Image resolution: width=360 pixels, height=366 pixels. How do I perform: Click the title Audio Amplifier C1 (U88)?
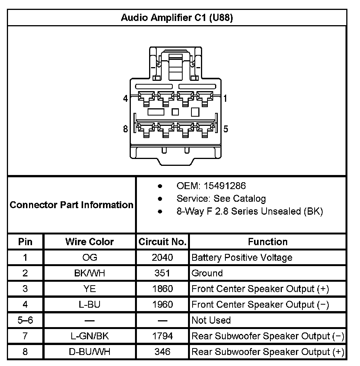(177, 18)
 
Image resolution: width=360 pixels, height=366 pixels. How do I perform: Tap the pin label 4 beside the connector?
(125, 99)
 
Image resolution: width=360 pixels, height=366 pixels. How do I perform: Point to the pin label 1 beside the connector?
(225, 99)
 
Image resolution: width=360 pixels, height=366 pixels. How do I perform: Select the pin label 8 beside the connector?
(125, 129)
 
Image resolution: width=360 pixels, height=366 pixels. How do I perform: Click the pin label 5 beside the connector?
(226, 129)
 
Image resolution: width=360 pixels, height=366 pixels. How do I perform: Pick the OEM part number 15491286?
(225, 186)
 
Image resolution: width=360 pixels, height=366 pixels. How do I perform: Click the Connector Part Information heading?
(72, 205)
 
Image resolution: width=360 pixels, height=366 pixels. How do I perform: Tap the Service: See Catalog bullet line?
(221, 199)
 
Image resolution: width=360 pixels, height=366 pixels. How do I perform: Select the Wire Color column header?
(90, 242)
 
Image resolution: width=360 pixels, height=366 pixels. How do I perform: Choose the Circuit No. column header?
(162, 242)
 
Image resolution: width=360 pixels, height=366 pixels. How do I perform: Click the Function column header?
(268, 242)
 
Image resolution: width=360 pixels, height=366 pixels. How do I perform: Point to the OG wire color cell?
(90, 258)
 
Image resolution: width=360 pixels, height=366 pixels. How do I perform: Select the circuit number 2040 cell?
(162, 258)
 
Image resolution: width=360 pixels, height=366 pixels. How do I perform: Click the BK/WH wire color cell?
(90, 273)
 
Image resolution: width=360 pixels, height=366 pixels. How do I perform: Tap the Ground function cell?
(207, 273)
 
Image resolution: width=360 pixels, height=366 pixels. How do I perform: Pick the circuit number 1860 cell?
(162, 289)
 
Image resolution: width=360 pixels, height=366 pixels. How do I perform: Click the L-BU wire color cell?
(90, 305)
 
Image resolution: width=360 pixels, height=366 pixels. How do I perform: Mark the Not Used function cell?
(211, 320)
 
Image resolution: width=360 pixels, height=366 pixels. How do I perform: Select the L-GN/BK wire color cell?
(90, 336)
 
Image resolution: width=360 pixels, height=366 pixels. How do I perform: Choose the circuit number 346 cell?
(162, 352)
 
